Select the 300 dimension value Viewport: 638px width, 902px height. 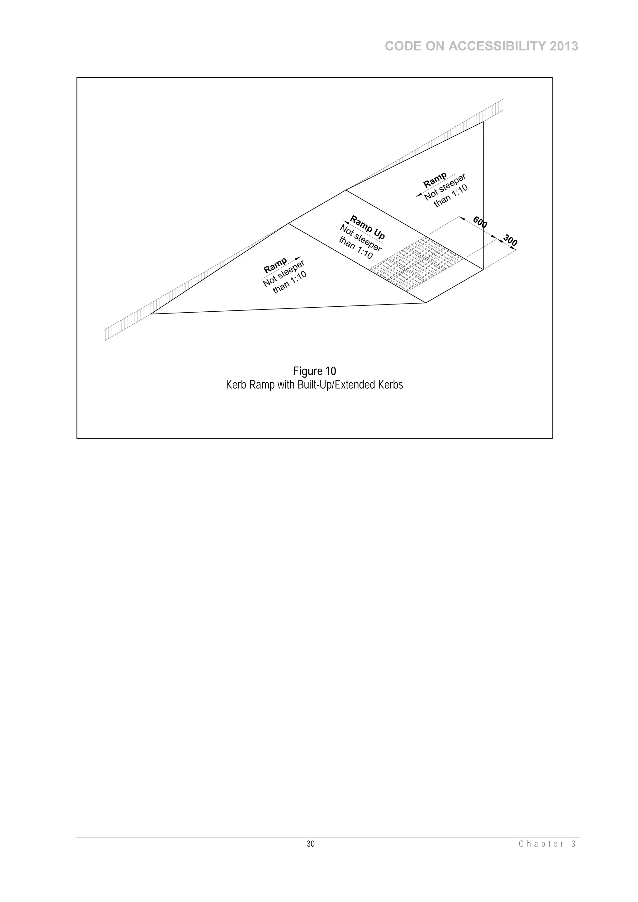(510, 240)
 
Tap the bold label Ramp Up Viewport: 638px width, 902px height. (367, 228)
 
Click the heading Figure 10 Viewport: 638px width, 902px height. (314, 371)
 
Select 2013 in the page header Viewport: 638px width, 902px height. (564, 46)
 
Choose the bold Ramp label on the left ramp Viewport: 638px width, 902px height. (275, 266)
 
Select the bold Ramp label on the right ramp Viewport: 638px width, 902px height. (435, 180)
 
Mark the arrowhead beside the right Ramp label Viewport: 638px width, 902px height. (419, 195)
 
